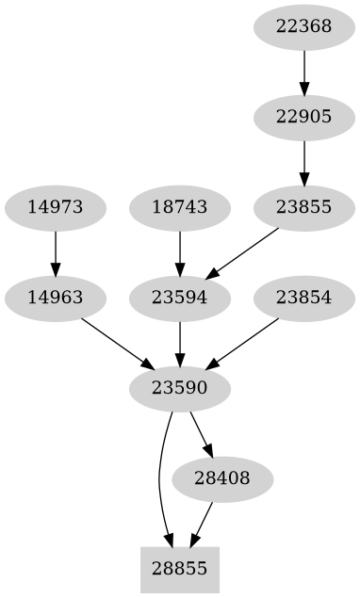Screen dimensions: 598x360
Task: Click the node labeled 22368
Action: click(x=303, y=26)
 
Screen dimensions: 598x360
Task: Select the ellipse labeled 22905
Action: click(x=303, y=117)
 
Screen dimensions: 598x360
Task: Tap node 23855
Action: click(x=303, y=207)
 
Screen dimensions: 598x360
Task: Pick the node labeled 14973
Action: click(x=56, y=207)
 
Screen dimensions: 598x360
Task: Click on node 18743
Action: click(x=179, y=207)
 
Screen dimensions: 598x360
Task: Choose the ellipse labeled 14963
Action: click(x=56, y=298)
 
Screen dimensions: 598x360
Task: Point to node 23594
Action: click(x=179, y=298)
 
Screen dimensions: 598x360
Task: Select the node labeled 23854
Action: click(x=303, y=298)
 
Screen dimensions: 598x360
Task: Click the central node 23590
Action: click(x=179, y=388)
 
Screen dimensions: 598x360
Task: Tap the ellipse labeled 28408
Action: click(x=222, y=478)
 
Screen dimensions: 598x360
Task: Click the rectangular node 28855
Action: click(x=179, y=569)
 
